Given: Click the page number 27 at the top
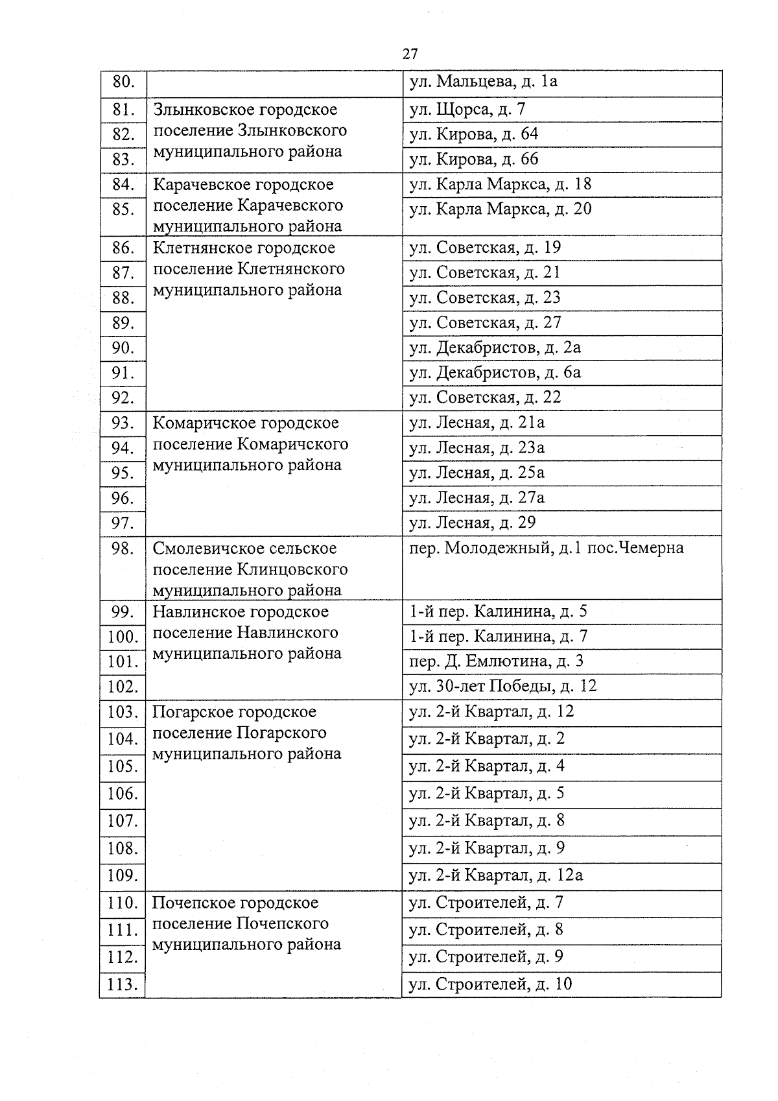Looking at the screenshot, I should pos(410,54).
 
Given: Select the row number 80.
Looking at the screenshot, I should pos(123,82).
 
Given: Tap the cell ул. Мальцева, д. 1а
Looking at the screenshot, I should pos(483,82).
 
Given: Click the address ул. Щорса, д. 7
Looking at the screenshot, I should pos(467,109).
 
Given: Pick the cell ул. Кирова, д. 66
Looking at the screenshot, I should pos(473,159).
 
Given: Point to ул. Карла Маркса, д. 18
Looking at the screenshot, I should pos(500,184).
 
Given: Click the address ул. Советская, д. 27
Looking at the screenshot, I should pos(484,323).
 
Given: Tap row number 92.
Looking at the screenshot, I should pos(123,398).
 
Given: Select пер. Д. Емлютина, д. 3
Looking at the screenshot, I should pos(496,661).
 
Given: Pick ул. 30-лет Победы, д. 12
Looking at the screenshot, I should pos(502,686).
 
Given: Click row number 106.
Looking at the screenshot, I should pos(123,794).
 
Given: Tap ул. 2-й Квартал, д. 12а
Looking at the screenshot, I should pos(496,875).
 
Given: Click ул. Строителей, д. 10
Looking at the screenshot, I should pos(490,984).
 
